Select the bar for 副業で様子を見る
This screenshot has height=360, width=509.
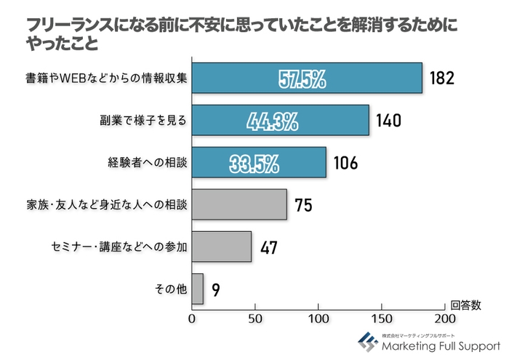pyautogui.click(x=281, y=121)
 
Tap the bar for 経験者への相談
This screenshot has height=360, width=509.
pyautogui.click(x=259, y=162)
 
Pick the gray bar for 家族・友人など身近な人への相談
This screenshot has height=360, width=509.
pyautogui.click(x=239, y=204)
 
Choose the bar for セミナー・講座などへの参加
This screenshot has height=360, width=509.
pyautogui.click(x=222, y=247)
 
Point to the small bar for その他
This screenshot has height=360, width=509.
pyautogui.click(x=198, y=289)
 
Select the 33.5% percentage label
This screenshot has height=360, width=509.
pyautogui.click(x=254, y=163)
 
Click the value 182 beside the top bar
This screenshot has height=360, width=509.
pyautogui.click(x=441, y=79)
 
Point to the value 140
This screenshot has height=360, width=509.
pyautogui.click(x=388, y=121)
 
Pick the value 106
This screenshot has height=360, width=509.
pyautogui.click(x=345, y=163)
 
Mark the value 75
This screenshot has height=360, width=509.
pyautogui.click(x=304, y=205)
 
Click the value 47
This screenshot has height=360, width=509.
pyautogui.click(x=269, y=247)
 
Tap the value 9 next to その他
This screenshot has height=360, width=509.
pyautogui.click(x=216, y=289)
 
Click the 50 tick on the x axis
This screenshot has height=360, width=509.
pyautogui.click(x=255, y=319)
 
